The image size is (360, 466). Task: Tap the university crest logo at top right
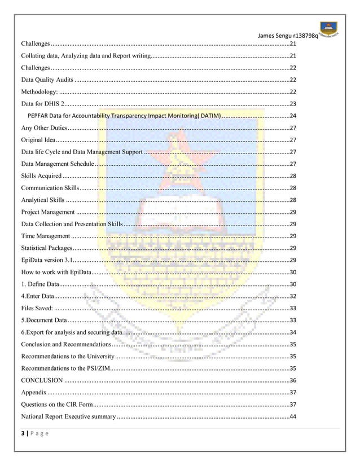pyautogui.click(x=331, y=28)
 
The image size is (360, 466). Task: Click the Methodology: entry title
pyautogui.click(x=39, y=91)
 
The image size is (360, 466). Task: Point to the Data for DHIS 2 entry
pyautogui.click(x=43, y=104)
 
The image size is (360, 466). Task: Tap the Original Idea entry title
pyautogui.click(x=38, y=140)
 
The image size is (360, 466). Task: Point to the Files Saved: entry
pyautogui.click(x=37, y=308)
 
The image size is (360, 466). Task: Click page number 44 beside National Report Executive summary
pyautogui.click(x=293, y=416)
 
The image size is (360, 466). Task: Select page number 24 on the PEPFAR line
pyautogui.click(x=293, y=116)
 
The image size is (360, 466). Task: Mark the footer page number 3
pyautogui.click(x=23, y=436)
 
